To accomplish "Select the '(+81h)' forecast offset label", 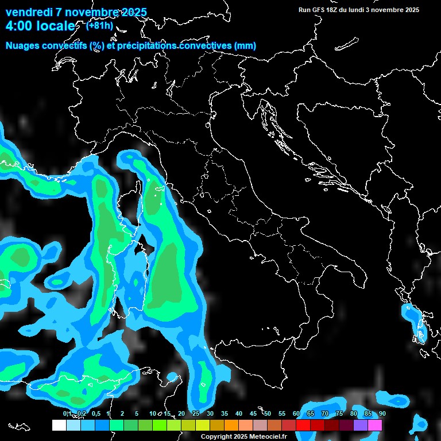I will [99, 25].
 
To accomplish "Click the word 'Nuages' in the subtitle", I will [23, 46].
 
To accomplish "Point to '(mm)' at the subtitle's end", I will [245, 46].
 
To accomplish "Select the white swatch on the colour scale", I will [59, 425].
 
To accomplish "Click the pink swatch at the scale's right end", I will [374, 425].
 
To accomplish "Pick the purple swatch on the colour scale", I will [360, 425].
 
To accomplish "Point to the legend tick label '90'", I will [382, 414].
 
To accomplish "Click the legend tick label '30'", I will [210, 414].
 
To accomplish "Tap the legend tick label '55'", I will [282, 414].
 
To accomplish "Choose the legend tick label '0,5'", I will [95, 414].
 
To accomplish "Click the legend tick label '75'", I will [339, 414].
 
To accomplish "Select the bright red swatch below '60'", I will [303, 425].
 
